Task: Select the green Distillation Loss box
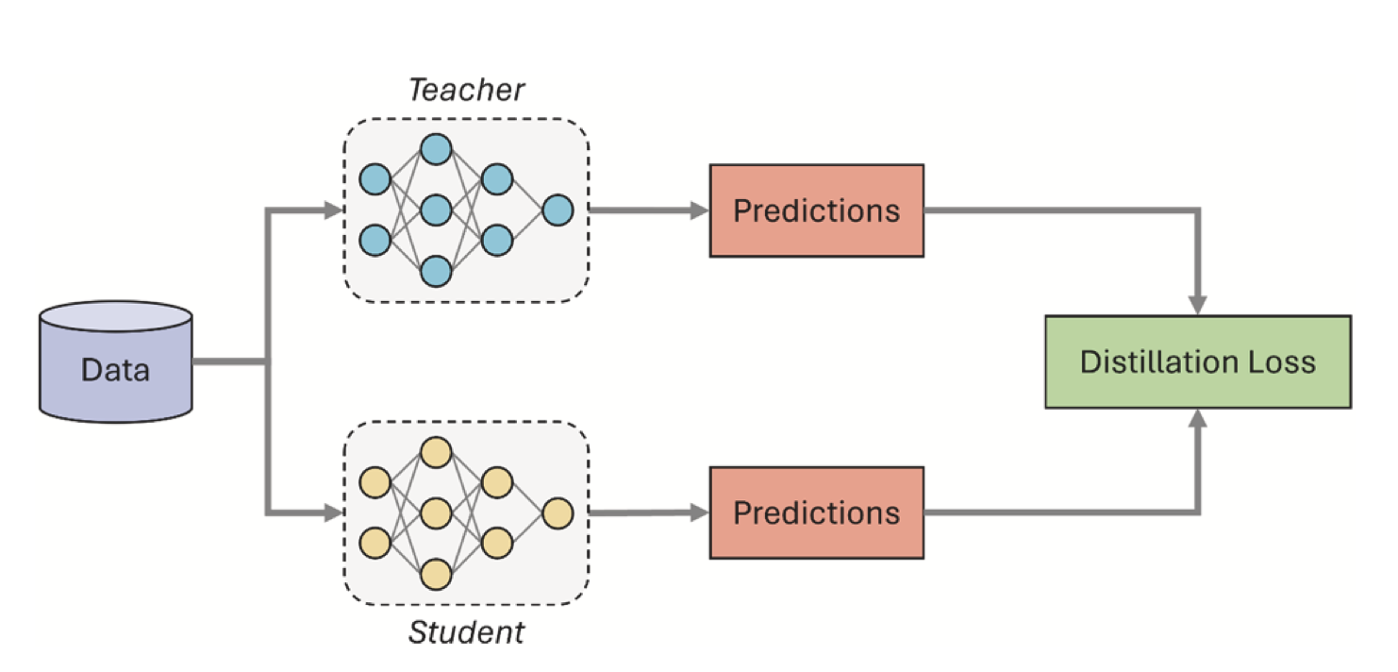coord(1197,361)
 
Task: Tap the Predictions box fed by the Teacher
coord(816,210)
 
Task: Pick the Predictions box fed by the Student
coord(816,512)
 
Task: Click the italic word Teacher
coord(466,91)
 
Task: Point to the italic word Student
coord(466,632)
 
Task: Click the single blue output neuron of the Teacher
coord(557,210)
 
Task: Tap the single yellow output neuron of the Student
coord(557,513)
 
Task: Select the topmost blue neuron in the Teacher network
coord(436,149)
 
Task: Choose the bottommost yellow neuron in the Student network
coord(436,574)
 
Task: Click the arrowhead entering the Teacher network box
coord(332,210)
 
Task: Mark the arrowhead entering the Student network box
coord(332,513)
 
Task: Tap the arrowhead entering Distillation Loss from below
coord(1198,418)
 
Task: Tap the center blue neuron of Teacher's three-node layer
coord(436,210)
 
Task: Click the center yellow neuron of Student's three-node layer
coord(436,513)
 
